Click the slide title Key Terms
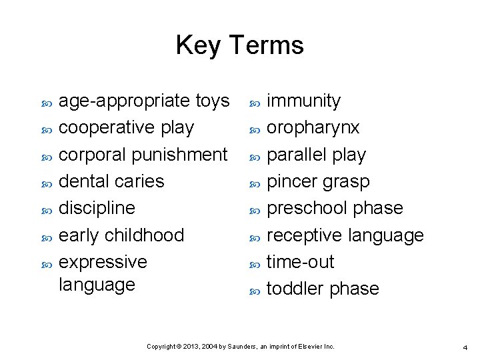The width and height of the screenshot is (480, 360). pos(239,45)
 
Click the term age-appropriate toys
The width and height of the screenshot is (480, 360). pos(144,101)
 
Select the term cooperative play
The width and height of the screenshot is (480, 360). pos(127,127)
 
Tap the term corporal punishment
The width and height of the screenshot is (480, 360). pos(143,154)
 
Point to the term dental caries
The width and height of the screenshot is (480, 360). pos(111,181)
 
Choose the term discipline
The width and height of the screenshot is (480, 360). pos(97,207)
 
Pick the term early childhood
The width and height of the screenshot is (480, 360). pos(121,235)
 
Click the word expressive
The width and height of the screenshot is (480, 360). pos(103,261)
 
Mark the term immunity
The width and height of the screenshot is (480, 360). pos(303,101)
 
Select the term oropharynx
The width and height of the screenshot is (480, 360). pos(313,127)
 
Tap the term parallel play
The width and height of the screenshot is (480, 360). pos(316,155)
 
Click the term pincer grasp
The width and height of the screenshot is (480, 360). pos(318,181)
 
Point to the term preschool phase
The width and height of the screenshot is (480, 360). pos(335,208)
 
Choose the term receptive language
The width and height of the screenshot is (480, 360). pos(345,235)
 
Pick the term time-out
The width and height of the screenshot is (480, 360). pos(300,262)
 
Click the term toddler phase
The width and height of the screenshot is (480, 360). pos(323,289)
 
